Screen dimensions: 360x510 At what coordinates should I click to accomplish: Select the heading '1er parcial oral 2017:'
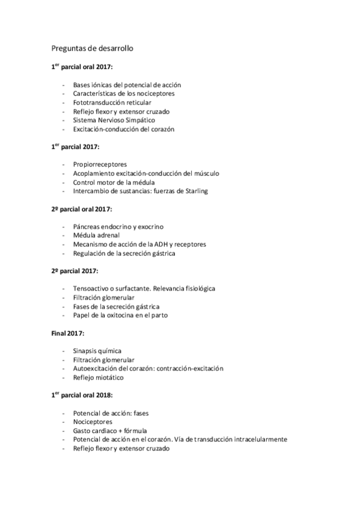click(78, 67)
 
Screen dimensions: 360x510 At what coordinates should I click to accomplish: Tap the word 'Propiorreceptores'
click(100, 165)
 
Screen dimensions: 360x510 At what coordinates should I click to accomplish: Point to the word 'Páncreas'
click(87, 227)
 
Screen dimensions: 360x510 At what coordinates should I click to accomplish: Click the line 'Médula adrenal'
click(96, 235)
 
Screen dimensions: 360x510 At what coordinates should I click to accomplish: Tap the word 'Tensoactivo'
click(91, 289)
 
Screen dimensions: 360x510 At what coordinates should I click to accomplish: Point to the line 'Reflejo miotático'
click(99, 377)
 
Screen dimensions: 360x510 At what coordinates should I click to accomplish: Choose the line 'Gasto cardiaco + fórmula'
click(110, 431)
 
